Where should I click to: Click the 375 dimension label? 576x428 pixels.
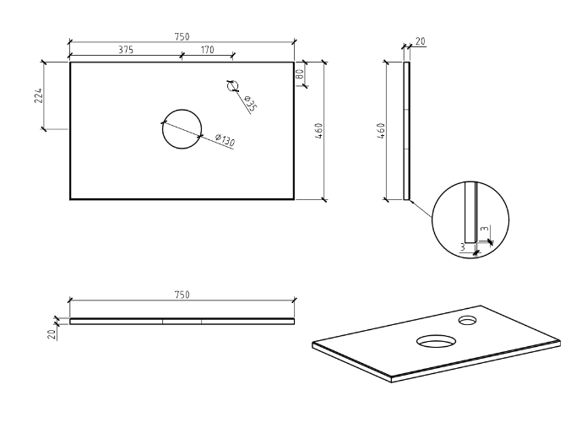pyautogui.click(x=125, y=50)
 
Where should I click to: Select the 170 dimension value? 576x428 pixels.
pyautogui.click(x=206, y=50)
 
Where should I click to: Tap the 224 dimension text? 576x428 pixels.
pyautogui.click(x=38, y=95)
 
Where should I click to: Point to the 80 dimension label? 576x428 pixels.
pyautogui.click(x=301, y=73)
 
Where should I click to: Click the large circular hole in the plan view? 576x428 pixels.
pyautogui.click(x=182, y=131)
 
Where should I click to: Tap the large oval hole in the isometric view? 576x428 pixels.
pyautogui.click(x=436, y=341)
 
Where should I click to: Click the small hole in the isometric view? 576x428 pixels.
pyautogui.click(x=468, y=321)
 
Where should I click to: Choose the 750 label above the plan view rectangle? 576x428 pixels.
pyautogui.click(x=182, y=36)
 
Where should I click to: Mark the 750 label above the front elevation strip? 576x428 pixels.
pyautogui.click(x=182, y=295)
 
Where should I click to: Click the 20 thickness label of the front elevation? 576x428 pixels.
pyautogui.click(x=52, y=334)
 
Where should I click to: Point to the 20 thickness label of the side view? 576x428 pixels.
pyautogui.click(x=420, y=41)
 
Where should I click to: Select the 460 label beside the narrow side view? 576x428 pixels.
pyautogui.click(x=382, y=131)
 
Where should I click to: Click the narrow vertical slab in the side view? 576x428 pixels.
pyautogui.click(x=407, y=131)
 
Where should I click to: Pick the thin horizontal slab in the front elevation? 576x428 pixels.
pyautogui.click(x=182, y=321)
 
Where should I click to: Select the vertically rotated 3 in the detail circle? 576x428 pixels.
pyautogui.click(x=484, y=229)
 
